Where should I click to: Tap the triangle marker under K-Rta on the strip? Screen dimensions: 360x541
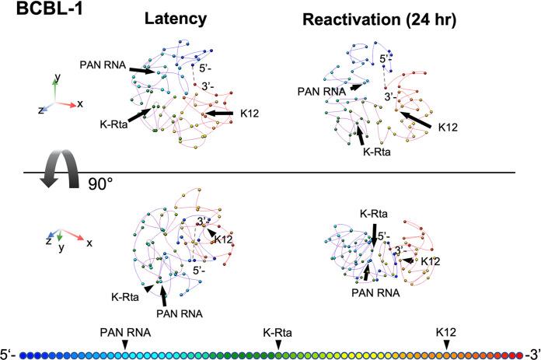tap(278, 344)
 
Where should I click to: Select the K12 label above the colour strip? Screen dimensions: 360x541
tap(445, 332)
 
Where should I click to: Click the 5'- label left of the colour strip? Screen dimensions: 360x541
tap(10, 355)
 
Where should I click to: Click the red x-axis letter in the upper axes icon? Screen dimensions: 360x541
tap(81, 103)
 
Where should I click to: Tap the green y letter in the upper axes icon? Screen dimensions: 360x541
tap(57, 79)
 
